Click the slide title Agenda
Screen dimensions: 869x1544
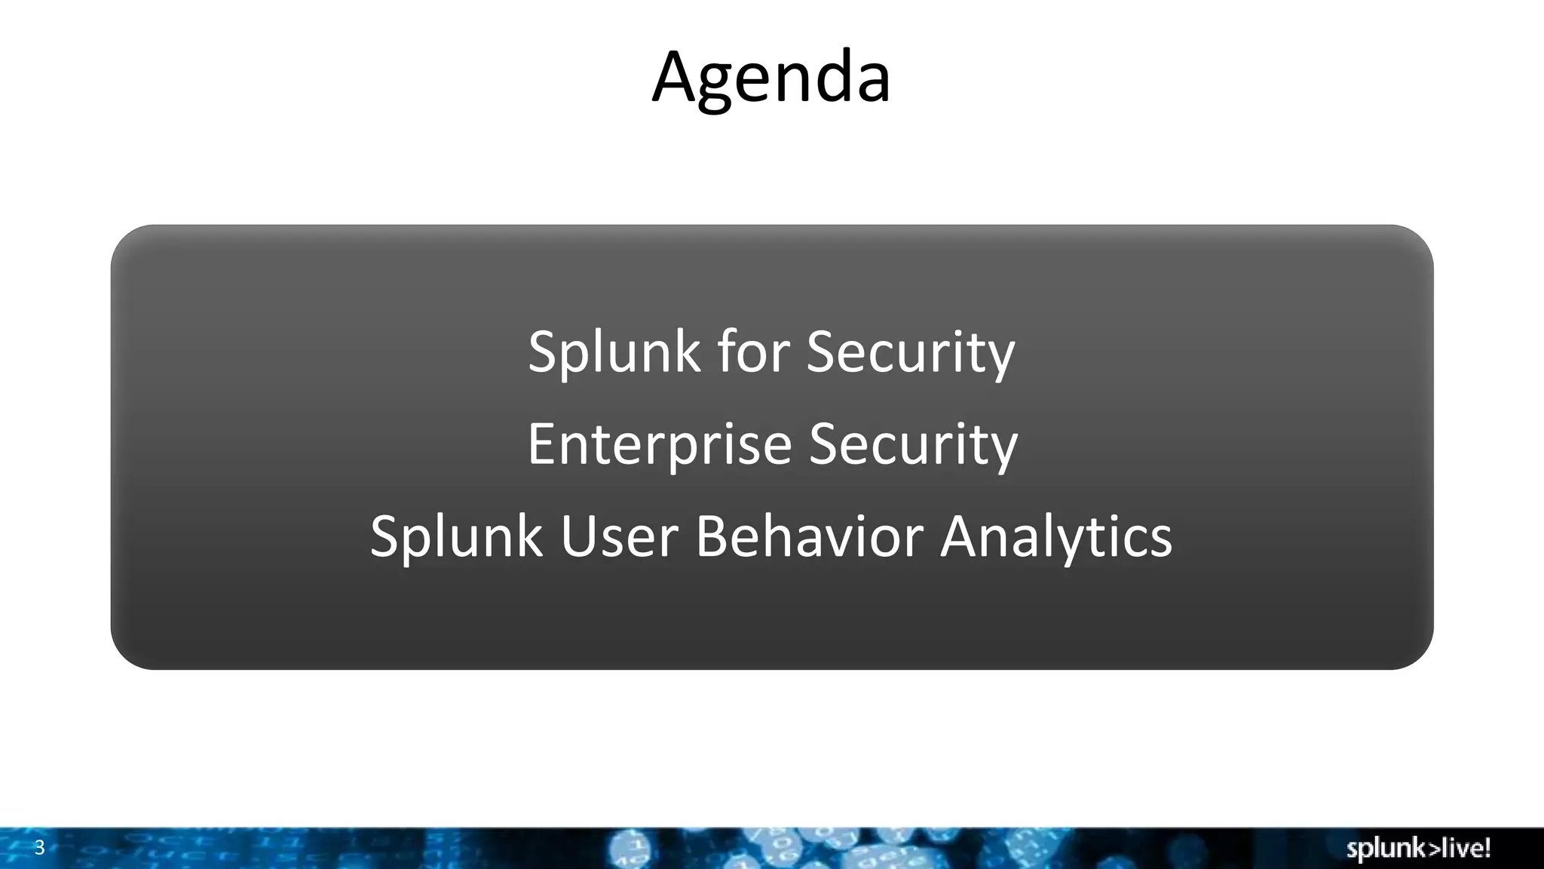coord(771,77)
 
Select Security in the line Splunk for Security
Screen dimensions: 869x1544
coord(911,352)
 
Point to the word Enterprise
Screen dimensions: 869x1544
coord(659,444)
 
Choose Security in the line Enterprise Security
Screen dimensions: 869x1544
coord(913,444)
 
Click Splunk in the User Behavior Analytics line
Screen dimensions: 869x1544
coord(456,536)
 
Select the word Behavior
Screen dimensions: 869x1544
coord(809,536)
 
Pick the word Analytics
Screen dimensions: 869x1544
coord(1056,536)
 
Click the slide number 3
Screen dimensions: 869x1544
coord(40,848)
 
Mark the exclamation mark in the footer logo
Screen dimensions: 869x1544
coord(1487,847)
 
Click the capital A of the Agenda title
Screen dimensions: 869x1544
coord(677,77)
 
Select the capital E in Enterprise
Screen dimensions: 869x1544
coord(541,444)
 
